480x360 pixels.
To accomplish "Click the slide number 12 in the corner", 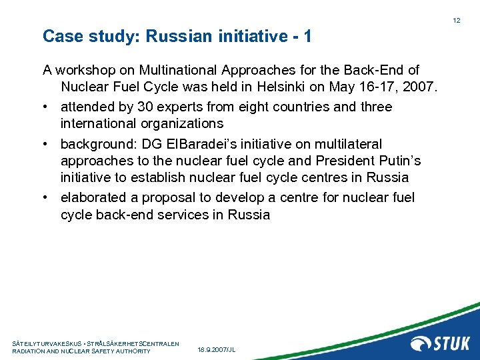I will tap(457, 21).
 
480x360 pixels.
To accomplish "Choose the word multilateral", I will tap(348, 144).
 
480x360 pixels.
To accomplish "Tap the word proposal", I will tap(165, 198).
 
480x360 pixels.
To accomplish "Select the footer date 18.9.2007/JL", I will tap(217, 349).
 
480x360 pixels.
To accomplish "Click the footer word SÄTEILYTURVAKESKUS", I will tap(40, 343).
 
